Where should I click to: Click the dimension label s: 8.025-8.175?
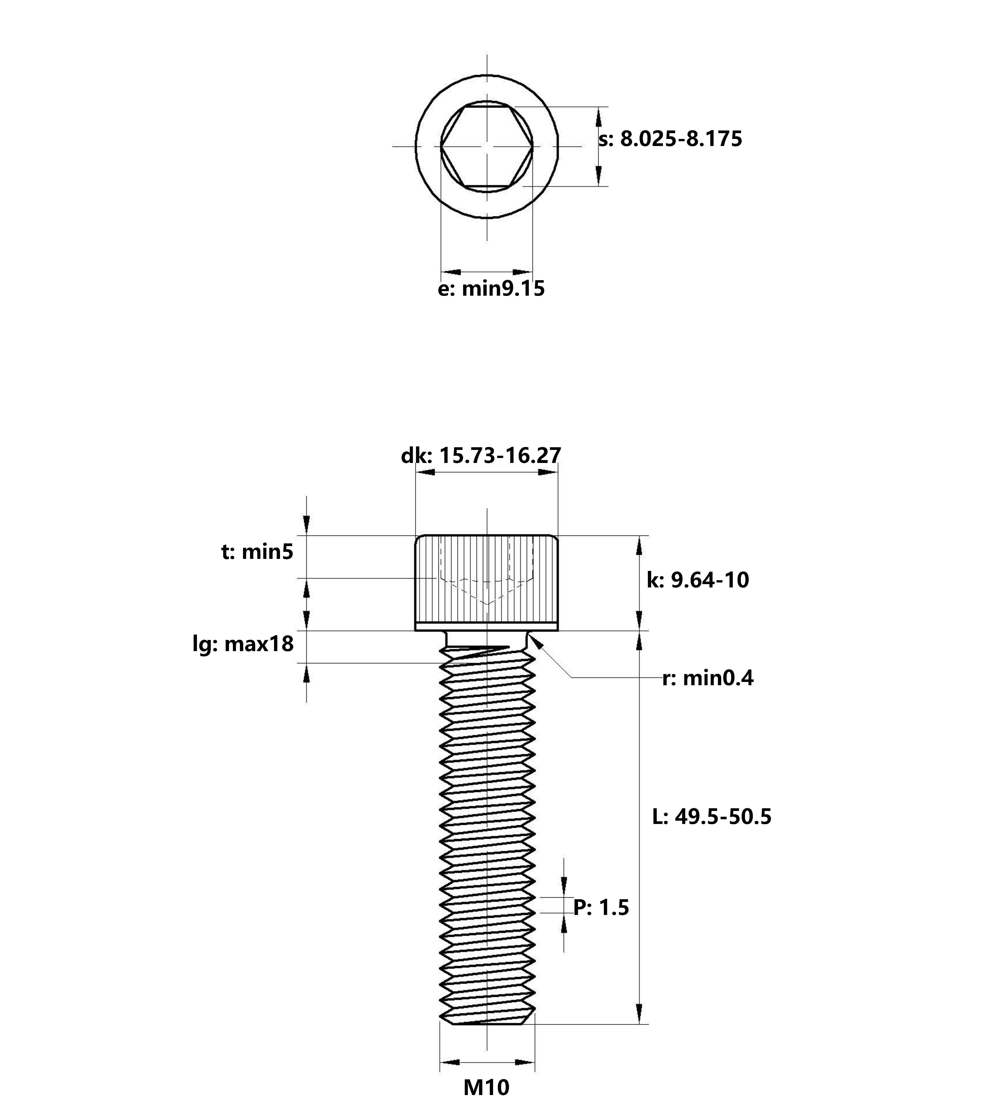click(670, 139)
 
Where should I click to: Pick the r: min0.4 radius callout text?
click(708, 678)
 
